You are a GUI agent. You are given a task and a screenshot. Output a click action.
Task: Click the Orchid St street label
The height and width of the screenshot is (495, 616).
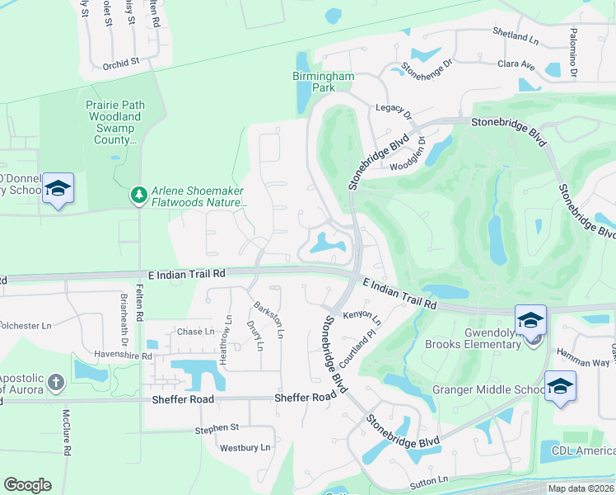121,62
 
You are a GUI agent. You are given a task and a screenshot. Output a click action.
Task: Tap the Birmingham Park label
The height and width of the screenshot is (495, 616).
323,82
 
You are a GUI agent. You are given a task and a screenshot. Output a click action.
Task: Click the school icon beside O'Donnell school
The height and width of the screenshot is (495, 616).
58,189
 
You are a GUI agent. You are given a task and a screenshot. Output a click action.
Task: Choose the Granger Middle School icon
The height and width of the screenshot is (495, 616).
560,386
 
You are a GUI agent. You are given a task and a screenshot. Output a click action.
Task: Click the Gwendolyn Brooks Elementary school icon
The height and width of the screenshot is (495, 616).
531,320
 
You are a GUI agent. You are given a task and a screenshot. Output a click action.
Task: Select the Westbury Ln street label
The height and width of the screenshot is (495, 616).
245,448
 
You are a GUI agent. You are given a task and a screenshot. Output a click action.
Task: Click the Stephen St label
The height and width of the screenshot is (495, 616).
217,428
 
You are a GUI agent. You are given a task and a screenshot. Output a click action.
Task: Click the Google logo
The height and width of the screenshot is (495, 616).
27,485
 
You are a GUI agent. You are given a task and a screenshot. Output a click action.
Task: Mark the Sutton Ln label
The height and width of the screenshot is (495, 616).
432,478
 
